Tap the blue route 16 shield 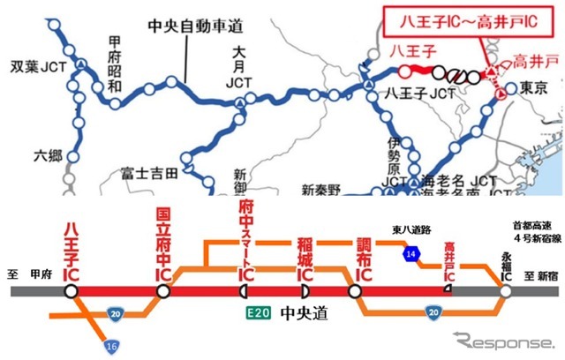coord(110,345)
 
